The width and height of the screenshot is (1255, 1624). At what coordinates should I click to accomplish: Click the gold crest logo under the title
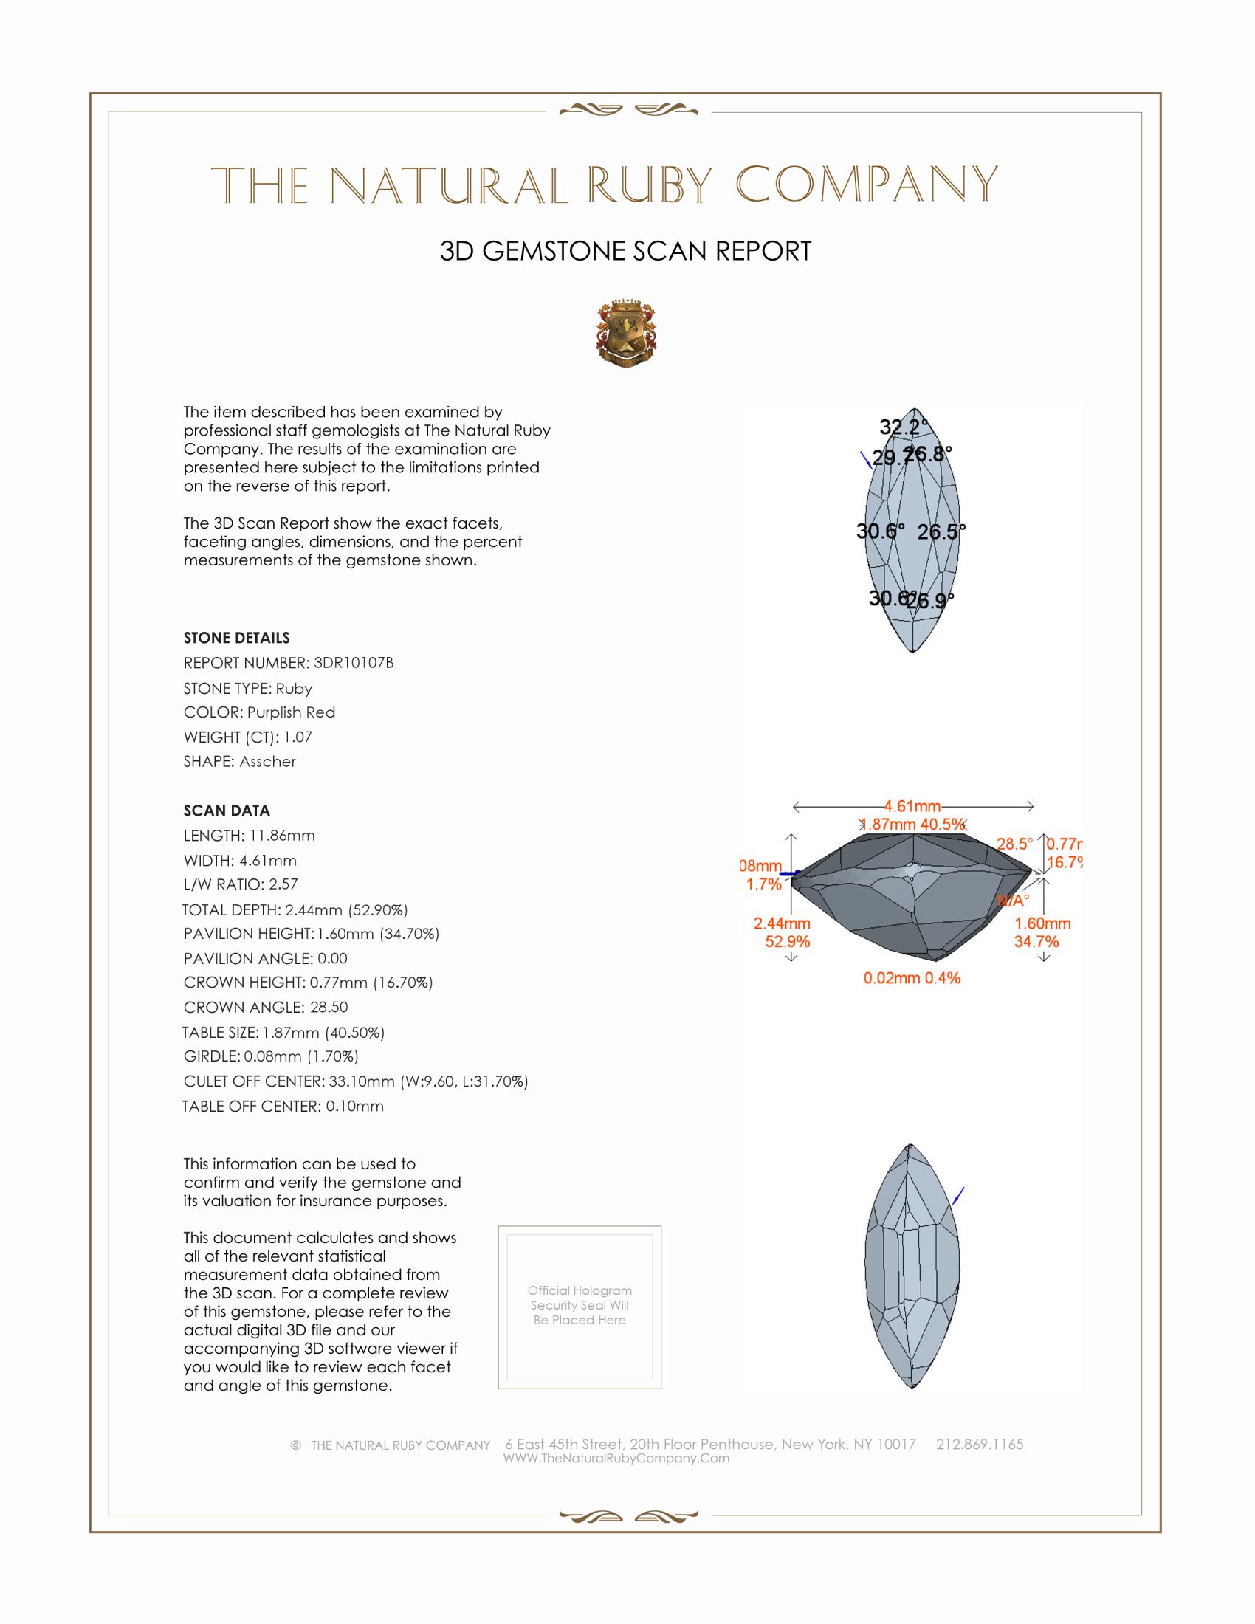626,334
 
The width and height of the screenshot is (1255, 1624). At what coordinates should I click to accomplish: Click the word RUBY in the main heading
650,185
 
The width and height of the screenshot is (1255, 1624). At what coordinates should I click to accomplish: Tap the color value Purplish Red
291,712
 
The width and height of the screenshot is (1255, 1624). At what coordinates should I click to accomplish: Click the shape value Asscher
267,762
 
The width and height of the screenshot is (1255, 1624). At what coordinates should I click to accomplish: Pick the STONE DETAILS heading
236,638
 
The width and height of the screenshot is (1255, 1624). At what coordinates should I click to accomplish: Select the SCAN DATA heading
226,811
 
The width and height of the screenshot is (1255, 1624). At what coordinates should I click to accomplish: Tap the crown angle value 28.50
329,1007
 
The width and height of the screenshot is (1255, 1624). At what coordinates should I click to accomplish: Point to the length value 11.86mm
282,835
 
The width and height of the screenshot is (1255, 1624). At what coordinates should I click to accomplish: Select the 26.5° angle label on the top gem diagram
940,531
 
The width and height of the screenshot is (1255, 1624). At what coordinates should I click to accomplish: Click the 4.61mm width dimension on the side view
912,806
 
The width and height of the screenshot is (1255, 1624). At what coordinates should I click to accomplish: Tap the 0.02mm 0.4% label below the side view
912,978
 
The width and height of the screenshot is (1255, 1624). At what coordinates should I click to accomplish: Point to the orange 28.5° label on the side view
1014,844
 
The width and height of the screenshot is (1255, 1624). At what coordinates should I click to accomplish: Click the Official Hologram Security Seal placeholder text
580,1305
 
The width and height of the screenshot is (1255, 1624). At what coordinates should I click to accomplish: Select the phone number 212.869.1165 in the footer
979,1444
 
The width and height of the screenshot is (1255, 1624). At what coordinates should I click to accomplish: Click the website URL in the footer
616,1458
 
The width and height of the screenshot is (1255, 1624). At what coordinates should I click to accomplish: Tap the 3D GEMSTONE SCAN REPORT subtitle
625,251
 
